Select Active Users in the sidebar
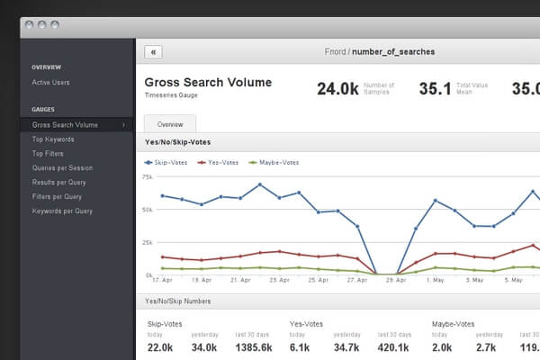click(x=50, y=83)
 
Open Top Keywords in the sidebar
click(x=53, y=139)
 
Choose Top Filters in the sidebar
click(x=48, y=154)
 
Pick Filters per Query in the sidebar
click(x=56, y=196)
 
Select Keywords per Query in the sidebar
click(x=62, y=211)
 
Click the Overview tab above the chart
click(x=170, y=124)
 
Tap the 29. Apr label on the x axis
click(x=395, y=280)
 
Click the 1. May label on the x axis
click(x=436, y=280)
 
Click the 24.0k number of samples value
click(x=337, y=89)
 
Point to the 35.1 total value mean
click(x=435, y=89)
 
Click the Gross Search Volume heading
click(x=208, y=83)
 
